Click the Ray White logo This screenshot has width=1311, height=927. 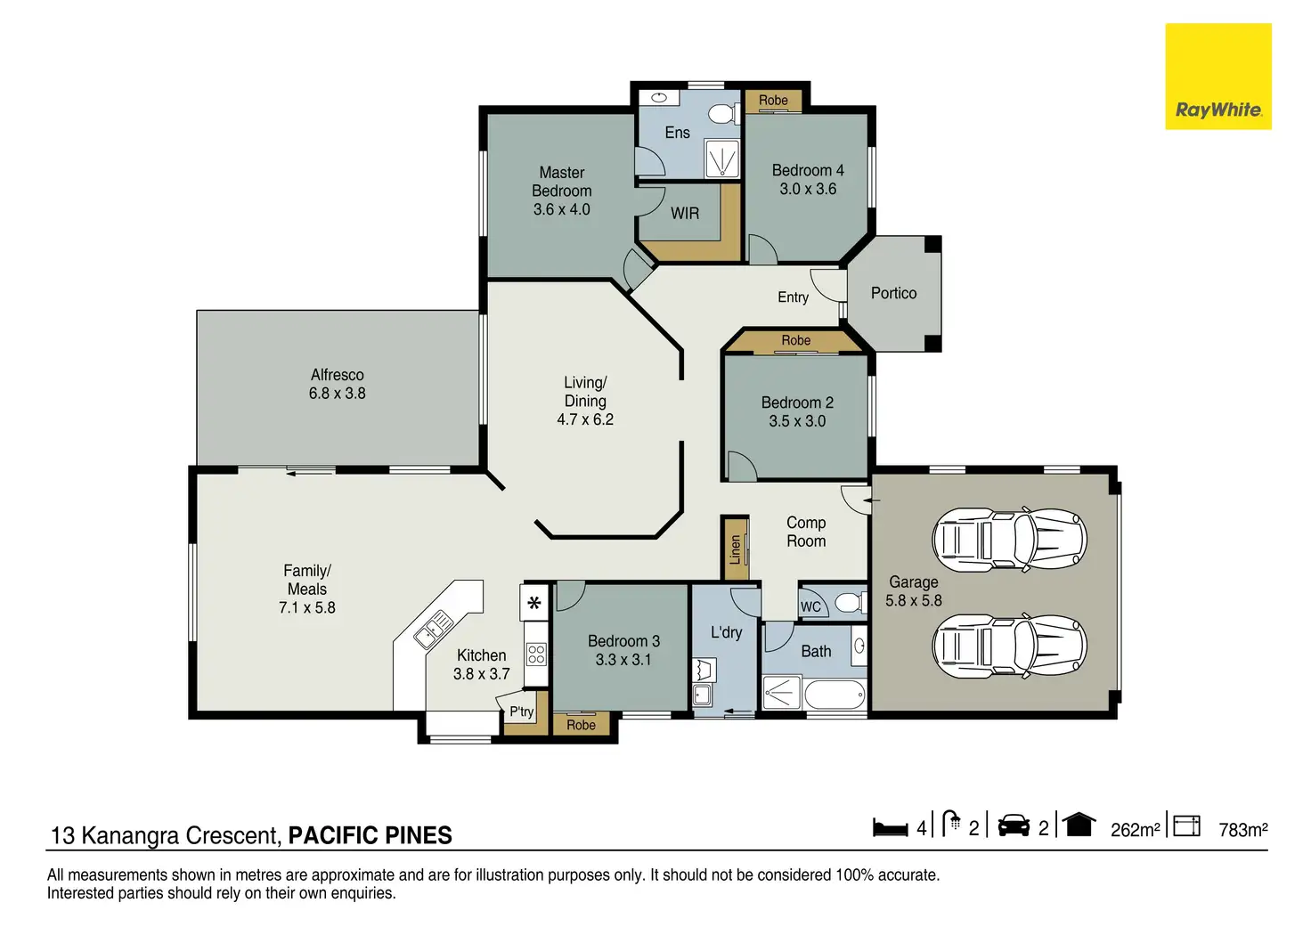click(x=1218, y=76)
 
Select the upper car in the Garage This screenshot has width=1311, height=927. click(x=1010, y=540)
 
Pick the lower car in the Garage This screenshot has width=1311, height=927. click(x=1010, y=646)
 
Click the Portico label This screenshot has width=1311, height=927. click(x=893, y=293)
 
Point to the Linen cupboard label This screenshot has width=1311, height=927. click(x=735, y=549)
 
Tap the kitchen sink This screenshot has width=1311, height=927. click(x=433, y=629)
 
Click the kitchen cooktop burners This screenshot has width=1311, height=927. click(x=536, y=654)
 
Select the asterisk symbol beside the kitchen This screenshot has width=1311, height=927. click(x=533, y=603)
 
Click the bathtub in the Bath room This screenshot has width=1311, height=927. click(x=835, y=695)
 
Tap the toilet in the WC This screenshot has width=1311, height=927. click(x=851, y=602)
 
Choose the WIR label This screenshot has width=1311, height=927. click(x=685, y=213)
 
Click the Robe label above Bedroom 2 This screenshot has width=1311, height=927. click(x=796, y=340)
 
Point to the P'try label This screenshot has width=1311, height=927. click(x=521, y=711)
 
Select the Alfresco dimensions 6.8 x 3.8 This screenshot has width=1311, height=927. click(x=338, y=394)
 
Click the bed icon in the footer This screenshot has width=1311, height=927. click(x=891, y=827)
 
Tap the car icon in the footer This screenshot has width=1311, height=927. click(x=1014, y=825)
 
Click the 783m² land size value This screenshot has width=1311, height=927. click(x=1243, y=830)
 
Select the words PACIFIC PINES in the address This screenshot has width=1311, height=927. click(x=370, y=835)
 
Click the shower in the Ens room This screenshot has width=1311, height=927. click(x=721, y=158)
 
